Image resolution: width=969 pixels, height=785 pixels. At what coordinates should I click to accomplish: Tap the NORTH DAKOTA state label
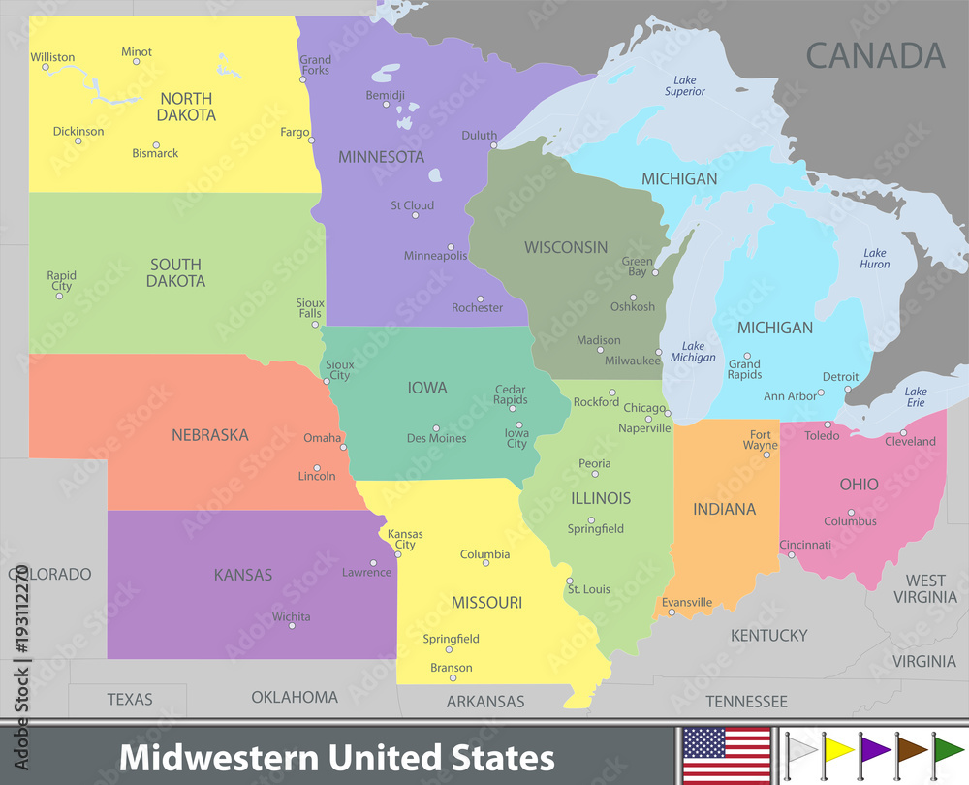[x=187, y=107]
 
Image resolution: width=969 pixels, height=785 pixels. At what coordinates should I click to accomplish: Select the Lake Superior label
[x=684, y=85]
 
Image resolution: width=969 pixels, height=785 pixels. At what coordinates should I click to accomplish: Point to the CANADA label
[x=875, y=55]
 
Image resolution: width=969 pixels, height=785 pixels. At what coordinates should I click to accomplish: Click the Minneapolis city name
[x=435, y=256]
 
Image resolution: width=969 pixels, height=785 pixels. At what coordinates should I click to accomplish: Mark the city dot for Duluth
[x=493, y=145]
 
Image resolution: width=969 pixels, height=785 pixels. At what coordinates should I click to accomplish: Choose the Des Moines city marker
[x=436, y=427]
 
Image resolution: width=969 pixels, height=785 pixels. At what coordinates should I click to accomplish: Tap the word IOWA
[x=427, y=388]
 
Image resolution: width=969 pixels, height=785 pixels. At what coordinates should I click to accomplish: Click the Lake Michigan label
[x=693, y=352]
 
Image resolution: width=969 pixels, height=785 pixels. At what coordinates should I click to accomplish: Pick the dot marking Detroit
[x=847, y=389]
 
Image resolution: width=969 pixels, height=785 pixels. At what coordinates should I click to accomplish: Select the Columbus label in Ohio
[x=850, y=521]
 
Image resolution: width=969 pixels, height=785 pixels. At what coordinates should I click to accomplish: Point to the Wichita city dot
[x=291, y=626]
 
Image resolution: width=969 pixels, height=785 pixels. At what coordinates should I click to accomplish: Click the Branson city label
[x=452, y=668]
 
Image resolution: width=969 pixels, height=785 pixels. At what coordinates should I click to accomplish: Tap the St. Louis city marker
[x=570, y=581]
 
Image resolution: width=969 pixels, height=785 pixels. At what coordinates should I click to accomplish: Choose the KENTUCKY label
[x=768, y=636]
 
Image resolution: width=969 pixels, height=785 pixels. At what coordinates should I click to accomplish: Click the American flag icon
[x=725, y=753]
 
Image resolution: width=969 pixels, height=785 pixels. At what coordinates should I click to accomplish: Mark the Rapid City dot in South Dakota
[x=59, y=296]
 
